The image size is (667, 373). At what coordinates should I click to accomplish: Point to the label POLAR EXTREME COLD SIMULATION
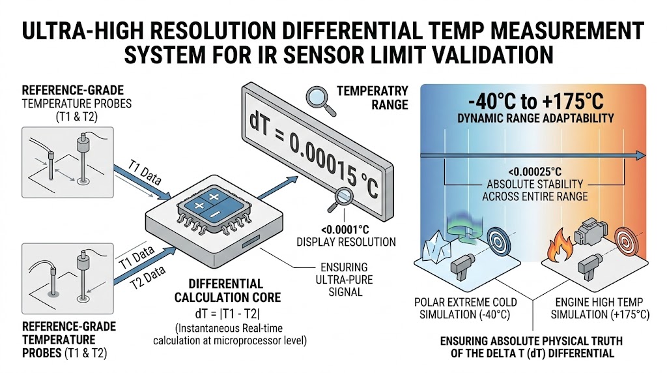pyautogui.click(x=466, y=308)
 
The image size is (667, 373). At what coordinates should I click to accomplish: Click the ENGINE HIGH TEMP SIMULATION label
pyautogui.click(x=599, y=308)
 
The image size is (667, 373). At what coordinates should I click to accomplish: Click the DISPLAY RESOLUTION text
pyautogui.click(x=346, y=242)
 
